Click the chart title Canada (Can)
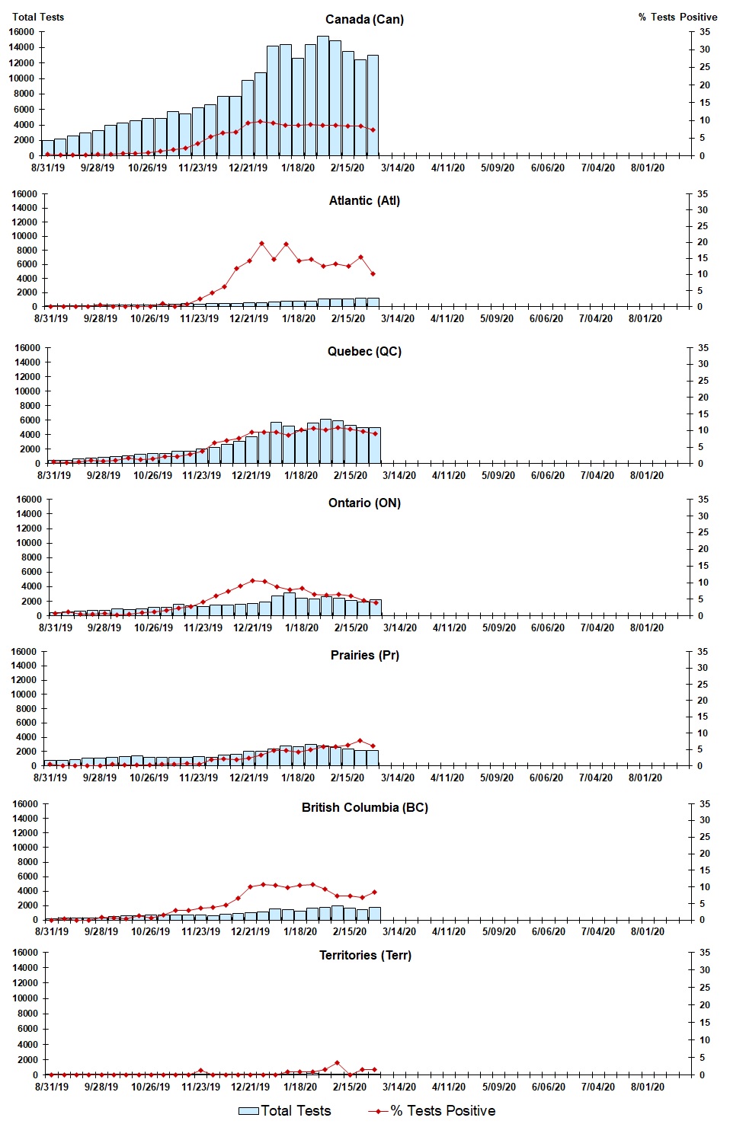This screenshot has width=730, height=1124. pos(364,19)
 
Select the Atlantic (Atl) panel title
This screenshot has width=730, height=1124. pos(364,200)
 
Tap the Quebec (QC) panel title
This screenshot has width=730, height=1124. pos(364,351)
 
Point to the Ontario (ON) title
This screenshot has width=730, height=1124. pos(364,503)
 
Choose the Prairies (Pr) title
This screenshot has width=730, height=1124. pos(364,655)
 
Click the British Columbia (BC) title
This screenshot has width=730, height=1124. pos(364,807)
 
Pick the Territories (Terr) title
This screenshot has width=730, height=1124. pos(365,955)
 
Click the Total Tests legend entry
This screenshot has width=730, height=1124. pos(285,1110)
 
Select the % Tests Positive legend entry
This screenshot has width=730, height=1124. pos(432,1110)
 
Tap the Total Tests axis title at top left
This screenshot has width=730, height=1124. pos(38,17)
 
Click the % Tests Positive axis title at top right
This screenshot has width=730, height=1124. pos(677,17)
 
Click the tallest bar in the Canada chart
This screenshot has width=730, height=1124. pos(323,95)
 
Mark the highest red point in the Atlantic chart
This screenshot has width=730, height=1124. pos(261,244)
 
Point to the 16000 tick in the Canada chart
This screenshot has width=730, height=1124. pos(23,32)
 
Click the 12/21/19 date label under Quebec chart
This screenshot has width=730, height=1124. pos(251,475)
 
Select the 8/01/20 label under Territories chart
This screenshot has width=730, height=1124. pos(647,1087)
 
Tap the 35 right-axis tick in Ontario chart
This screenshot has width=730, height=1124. pos(703,500)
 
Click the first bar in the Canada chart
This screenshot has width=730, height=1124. pos(47,148)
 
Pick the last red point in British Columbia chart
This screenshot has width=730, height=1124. pos(374,892)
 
